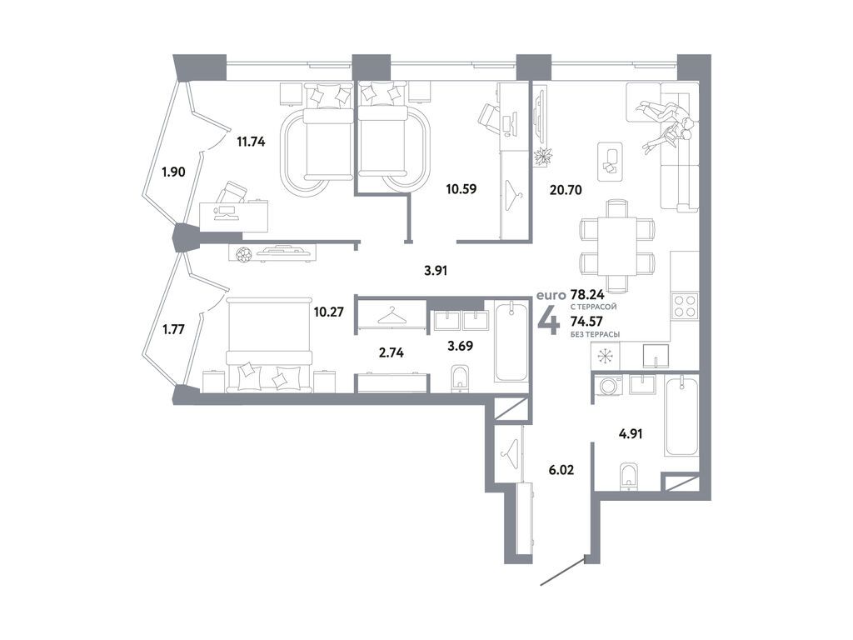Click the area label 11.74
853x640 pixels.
(251, 142)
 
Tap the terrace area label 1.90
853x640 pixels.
(174, 172)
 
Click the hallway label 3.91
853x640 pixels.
(436, 269)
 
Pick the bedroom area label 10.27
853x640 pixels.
(328, 314)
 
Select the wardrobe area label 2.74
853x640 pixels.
(391, 352)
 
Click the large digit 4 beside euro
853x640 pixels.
(550, 319)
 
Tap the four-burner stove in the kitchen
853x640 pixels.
(684, 306)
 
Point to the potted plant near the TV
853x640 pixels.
(546, 156)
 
